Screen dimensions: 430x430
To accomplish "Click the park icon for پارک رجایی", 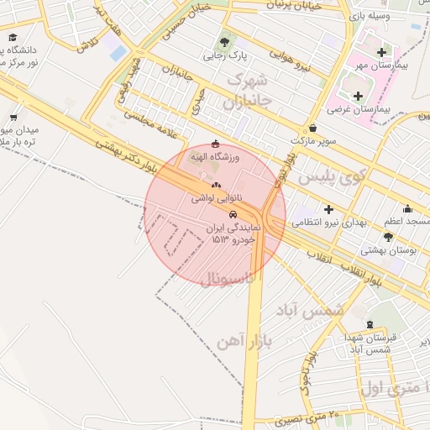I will [x=224, y=41].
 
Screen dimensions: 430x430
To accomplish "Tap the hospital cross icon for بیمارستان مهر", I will [x=382, y=52].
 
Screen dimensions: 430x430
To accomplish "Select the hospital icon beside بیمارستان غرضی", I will [x=359, y=96].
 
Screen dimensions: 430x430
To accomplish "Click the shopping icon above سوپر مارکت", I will [x=313, y=128].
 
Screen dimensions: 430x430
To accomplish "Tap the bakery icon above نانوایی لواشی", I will [x=216, y=185].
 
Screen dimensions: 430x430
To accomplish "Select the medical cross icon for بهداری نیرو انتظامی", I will [x=328, y=209].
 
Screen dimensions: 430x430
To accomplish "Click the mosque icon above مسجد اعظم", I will [x=408, y=208].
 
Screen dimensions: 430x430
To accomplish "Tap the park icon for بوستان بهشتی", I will [x=388, y=238].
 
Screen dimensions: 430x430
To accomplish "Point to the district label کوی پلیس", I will [x=334, y=176].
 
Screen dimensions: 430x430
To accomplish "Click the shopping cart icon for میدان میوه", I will [x=13, y=118].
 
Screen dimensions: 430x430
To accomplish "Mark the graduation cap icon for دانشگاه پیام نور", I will [x=13, y=38].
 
